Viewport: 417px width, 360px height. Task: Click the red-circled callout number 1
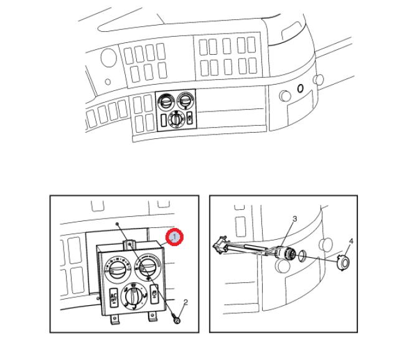click(174, 237)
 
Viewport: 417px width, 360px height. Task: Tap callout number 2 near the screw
click(185, 302)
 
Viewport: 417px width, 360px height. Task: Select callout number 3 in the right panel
click(294, 219)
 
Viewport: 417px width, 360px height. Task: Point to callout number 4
click(351, 241)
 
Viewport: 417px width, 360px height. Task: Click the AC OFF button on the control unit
click(114, 298)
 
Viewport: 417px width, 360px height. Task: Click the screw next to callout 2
click(176, 320)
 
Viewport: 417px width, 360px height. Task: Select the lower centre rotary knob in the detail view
click(134, 296)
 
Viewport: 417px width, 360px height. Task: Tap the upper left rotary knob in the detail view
click(117, 268)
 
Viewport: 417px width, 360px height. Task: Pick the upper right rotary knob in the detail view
click(148, 267)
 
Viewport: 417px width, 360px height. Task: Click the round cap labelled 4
click(344, 262)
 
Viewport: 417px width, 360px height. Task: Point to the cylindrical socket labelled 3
click(285, 253)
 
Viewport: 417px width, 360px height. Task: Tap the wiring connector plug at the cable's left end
click(222, 244)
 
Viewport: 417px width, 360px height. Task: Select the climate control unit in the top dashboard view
click(176, 110)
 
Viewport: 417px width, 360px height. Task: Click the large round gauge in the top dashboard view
click(109, 58)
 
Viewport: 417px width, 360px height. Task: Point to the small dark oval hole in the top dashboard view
click(300, 88)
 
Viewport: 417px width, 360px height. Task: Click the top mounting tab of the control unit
click(129, 244)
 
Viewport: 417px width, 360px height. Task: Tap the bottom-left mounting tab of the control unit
click(115, 320)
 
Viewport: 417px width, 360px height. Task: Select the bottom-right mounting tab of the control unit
click(152, 316)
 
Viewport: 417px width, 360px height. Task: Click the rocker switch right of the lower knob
click(154, 294)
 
